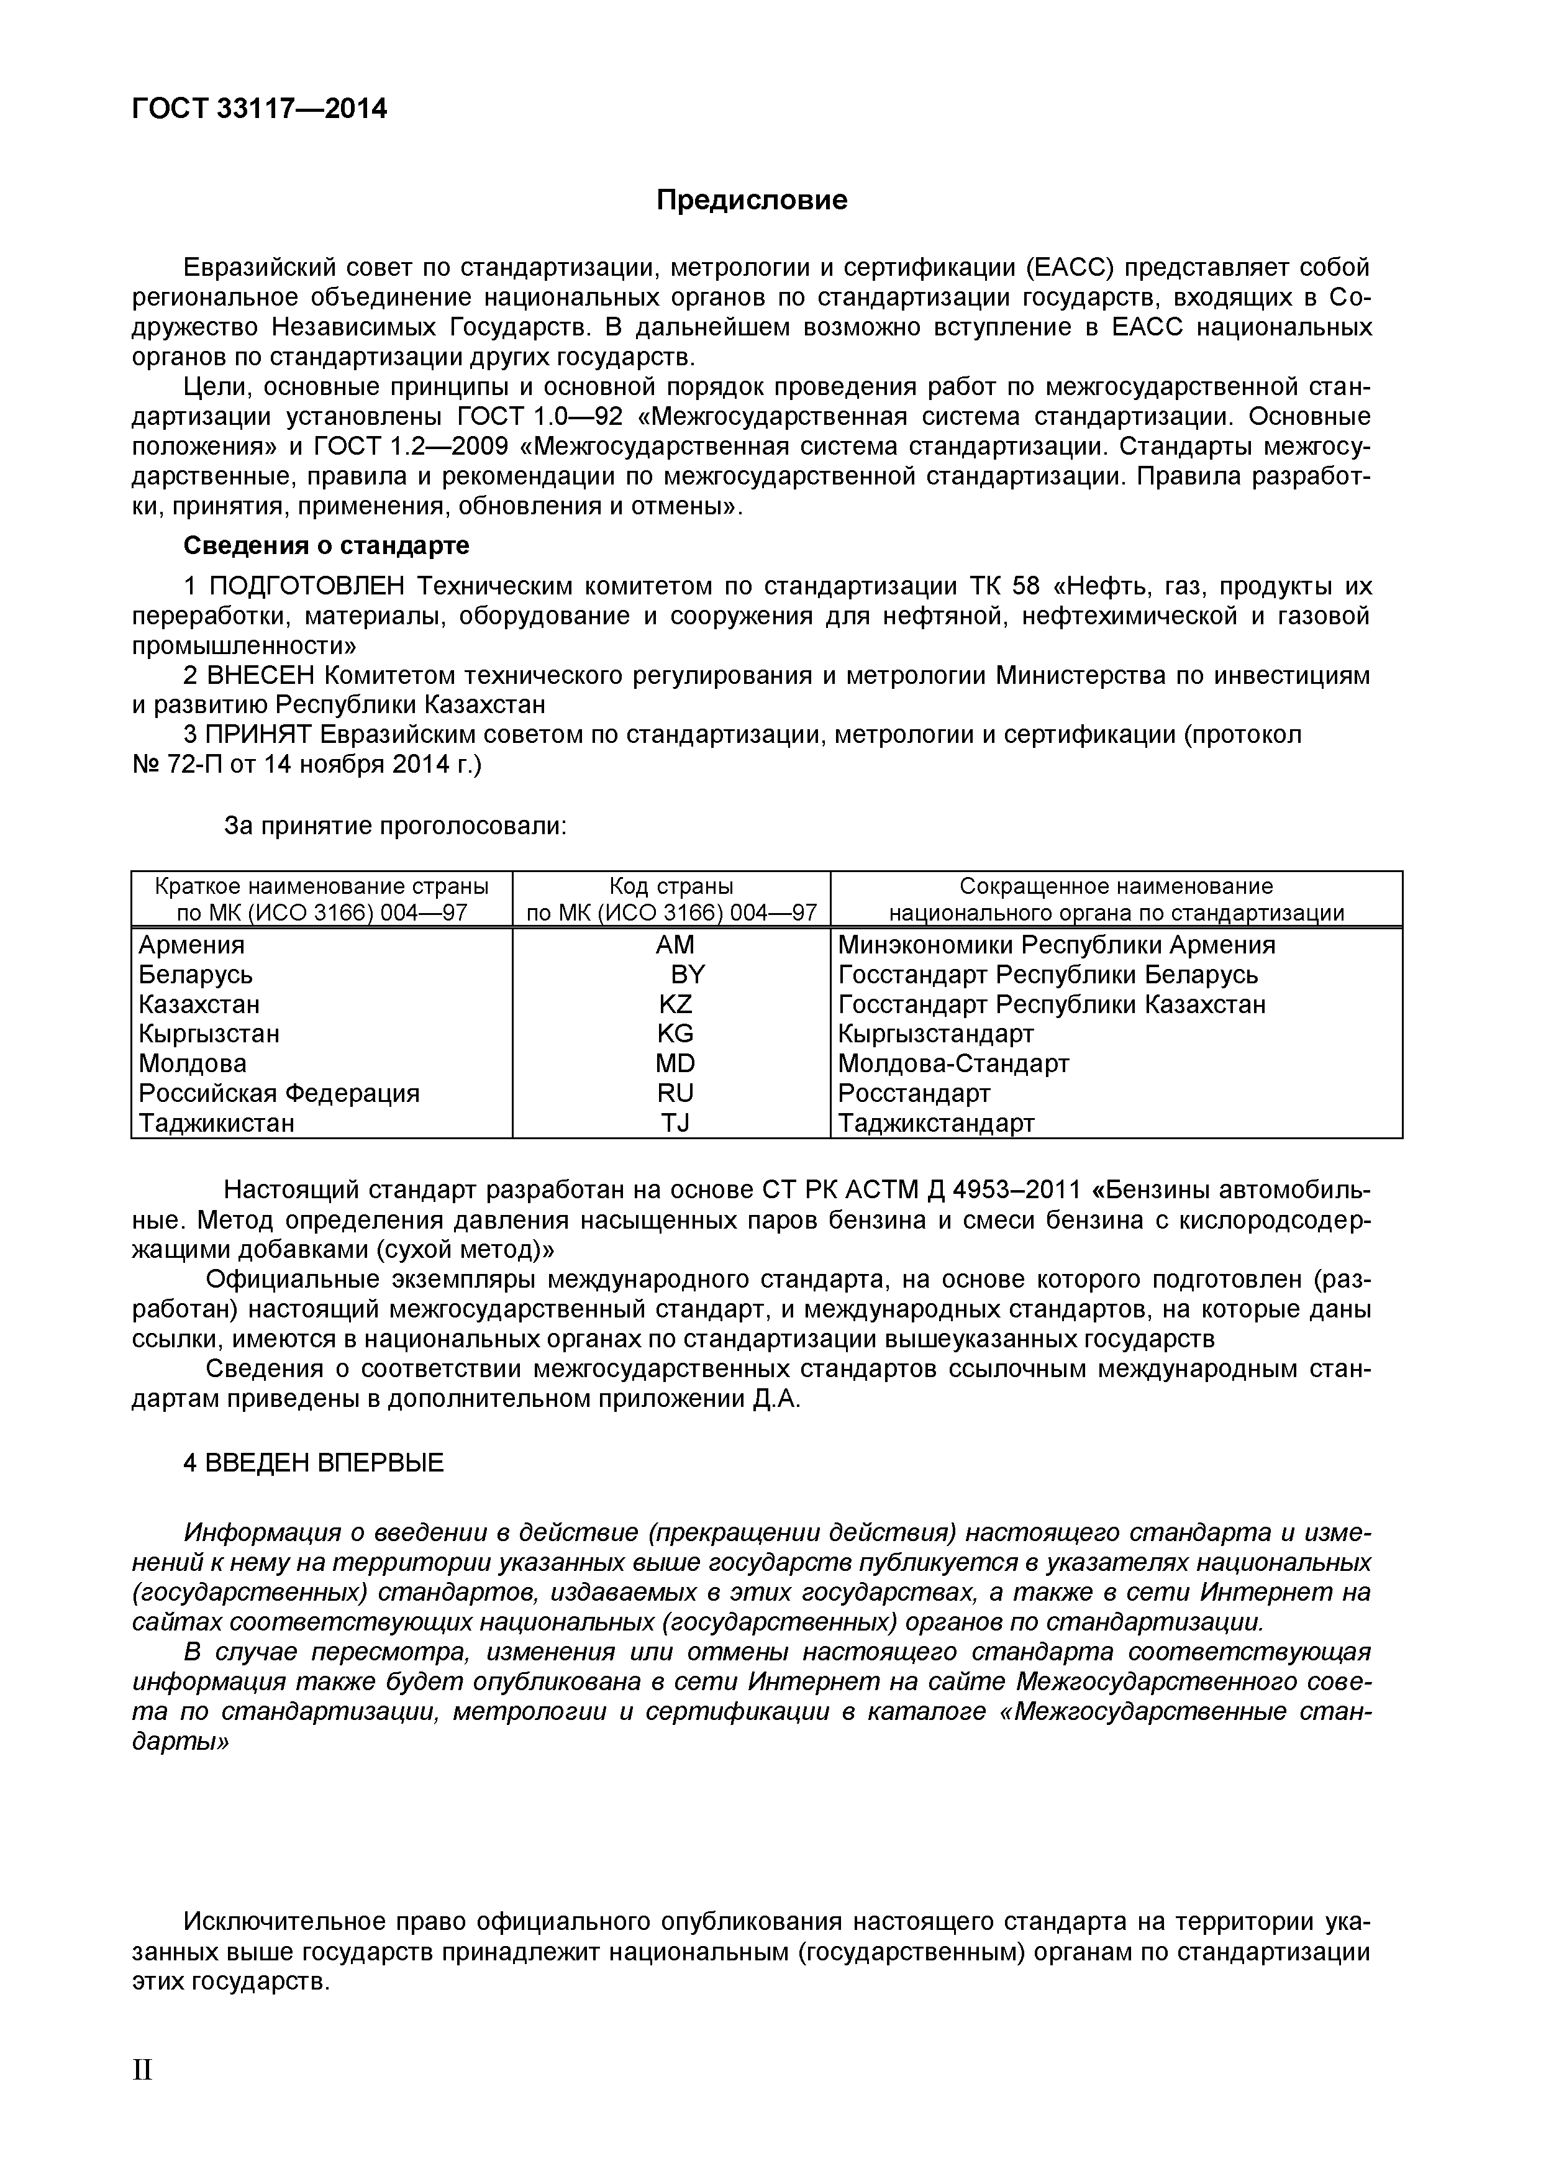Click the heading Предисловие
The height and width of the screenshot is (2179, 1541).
pyautogui.click(x=752, y=200)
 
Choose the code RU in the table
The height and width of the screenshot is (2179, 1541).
pyautogui.click(x=675, y=1093)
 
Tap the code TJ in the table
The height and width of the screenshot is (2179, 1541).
pyautogui.click(x=675, y=1122)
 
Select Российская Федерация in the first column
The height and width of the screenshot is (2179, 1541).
pyautogui.click(x=279, y=1093)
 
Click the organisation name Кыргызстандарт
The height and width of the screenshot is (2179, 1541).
pyautogui.click(x=935, y=1034)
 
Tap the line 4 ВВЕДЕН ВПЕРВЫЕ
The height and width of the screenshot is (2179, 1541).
pyautogui.click(x=313, y=1462)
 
